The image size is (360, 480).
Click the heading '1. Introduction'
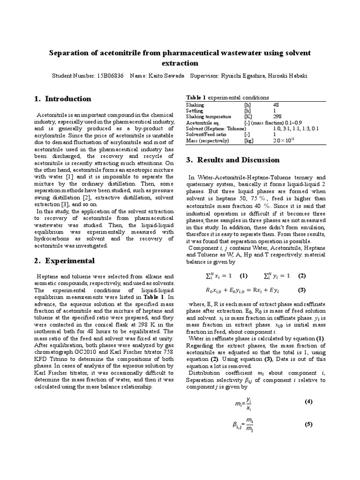(63, 98)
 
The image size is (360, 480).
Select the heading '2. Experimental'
(65, 260)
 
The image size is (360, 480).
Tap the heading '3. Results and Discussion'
(233, 160)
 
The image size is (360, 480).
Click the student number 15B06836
(111, 75)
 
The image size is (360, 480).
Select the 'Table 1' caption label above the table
(196, 97)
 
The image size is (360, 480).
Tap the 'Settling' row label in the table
(195, 111)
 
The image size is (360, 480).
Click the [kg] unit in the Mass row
(249, 140)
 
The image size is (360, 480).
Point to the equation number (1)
(244, 275)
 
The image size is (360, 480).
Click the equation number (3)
(302, 290)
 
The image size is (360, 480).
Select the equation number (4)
(308, 402)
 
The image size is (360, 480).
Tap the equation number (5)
(308, 424)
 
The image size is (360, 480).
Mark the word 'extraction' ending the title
(180, 63)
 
